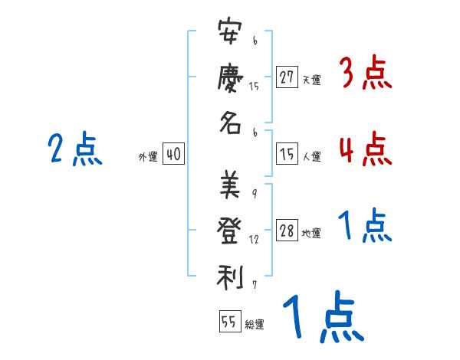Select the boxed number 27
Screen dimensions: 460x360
(287, 78)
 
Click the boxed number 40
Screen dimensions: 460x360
(173, 155)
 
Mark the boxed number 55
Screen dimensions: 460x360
(228, 321)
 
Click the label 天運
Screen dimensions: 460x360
(311, 80)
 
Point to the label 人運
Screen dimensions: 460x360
(311, 156)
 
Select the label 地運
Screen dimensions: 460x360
(311, 234)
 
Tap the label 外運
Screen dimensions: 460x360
(148, 156)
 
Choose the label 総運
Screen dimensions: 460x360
(255, 324)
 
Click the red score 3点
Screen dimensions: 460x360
(365, 74)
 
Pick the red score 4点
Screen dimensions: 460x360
(365, 149)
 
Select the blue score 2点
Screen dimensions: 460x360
(74, 149)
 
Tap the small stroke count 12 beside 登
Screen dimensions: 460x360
(255, 240)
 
